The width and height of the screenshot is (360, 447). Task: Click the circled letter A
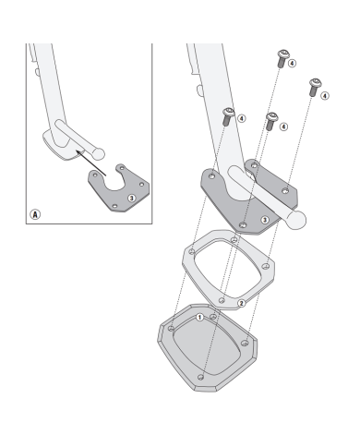tap(35, 214)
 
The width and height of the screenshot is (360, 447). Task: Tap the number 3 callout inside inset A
tap(132, 198)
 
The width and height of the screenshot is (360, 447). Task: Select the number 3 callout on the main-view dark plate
tap(265, 220)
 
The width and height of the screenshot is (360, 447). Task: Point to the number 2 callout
tap(242, 304)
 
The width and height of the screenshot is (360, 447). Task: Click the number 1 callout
tap(199, 318)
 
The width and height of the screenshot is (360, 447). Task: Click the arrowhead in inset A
tap(78, 152)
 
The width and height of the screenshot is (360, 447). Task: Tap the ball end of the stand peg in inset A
tap(98, 154)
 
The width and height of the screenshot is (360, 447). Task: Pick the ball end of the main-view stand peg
tap(295, 220)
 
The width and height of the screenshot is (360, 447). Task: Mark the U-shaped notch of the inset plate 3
tap(114, 184)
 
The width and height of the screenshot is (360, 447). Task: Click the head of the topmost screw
tap(283, 55)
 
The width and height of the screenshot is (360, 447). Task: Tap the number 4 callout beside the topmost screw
tap(292, 64)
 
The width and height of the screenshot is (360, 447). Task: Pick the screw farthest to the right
tap(315, 87)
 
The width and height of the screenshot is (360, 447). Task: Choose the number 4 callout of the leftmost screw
tap(242, 118)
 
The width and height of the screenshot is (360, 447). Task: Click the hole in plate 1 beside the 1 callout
tap(212, 317)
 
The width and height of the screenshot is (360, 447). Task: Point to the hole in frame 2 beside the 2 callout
tap(222, 300)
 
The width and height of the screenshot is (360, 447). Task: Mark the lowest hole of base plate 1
tap(200, 377)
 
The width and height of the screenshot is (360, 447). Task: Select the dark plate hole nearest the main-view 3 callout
tap(243, 224)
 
